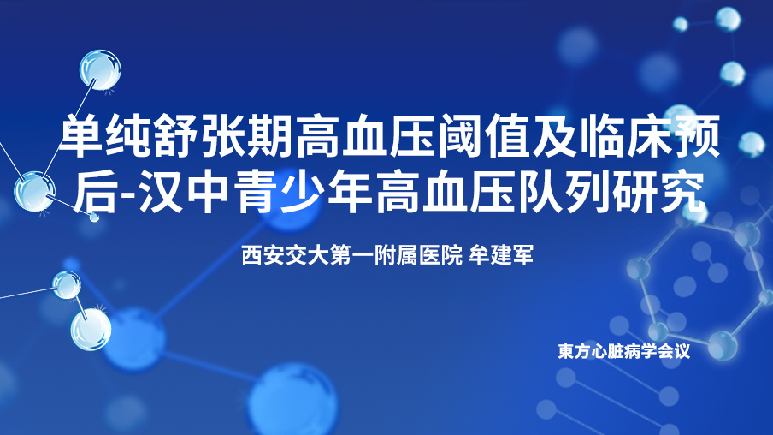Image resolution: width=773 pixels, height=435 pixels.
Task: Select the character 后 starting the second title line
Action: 95,191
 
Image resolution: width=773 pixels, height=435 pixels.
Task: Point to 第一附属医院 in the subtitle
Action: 397,255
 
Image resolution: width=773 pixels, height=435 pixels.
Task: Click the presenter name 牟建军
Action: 501,255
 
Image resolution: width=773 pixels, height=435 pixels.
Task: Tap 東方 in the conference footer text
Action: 575,351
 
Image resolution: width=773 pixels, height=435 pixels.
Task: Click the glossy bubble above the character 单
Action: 101,70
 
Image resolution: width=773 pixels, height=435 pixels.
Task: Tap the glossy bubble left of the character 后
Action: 34,192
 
